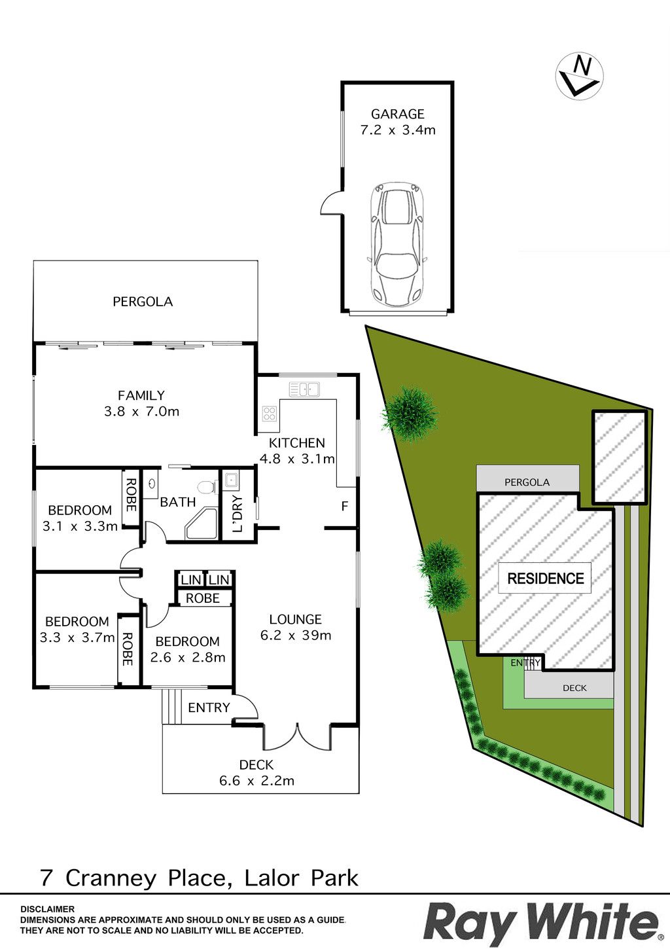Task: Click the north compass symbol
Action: (579, 77)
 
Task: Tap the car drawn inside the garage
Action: (397, 245)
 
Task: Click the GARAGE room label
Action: (397, 114)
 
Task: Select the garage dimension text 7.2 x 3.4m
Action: (397, 130)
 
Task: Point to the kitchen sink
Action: (304, 389)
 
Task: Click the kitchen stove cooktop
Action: (270, 414)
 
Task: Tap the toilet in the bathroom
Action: (207, 487)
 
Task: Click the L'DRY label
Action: (237, 514)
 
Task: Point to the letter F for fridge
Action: (344, 506)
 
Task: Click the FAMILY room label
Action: (141, 395)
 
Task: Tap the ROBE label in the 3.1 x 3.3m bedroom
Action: (130, 495)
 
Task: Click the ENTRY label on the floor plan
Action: (209, 707)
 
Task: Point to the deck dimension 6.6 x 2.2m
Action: (256, 780)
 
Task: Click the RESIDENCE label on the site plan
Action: (546, 579)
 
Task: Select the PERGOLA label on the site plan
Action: (527, 482)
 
